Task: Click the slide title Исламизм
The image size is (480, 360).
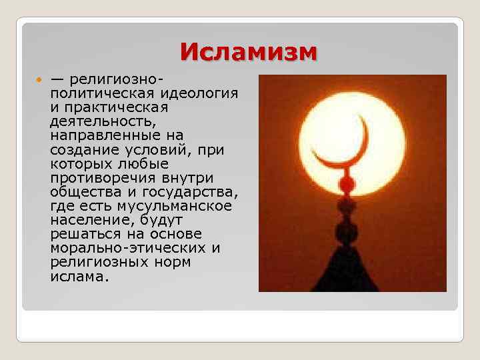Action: pos(249,51)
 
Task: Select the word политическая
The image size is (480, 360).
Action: pos(100,93)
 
